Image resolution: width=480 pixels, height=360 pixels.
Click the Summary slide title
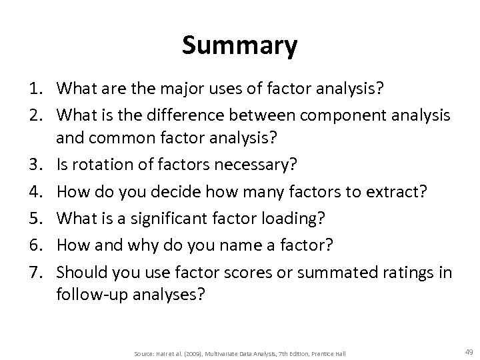coord(240,47)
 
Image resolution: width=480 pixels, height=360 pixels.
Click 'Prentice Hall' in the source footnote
coord(329,352)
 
